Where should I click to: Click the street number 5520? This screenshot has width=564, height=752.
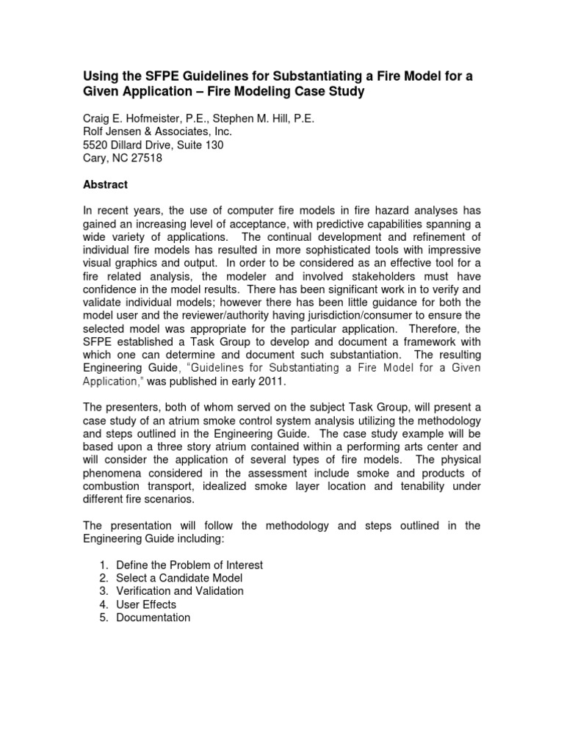[x=95, y=145]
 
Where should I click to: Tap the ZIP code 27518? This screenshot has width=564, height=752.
[x=148, y=159]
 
